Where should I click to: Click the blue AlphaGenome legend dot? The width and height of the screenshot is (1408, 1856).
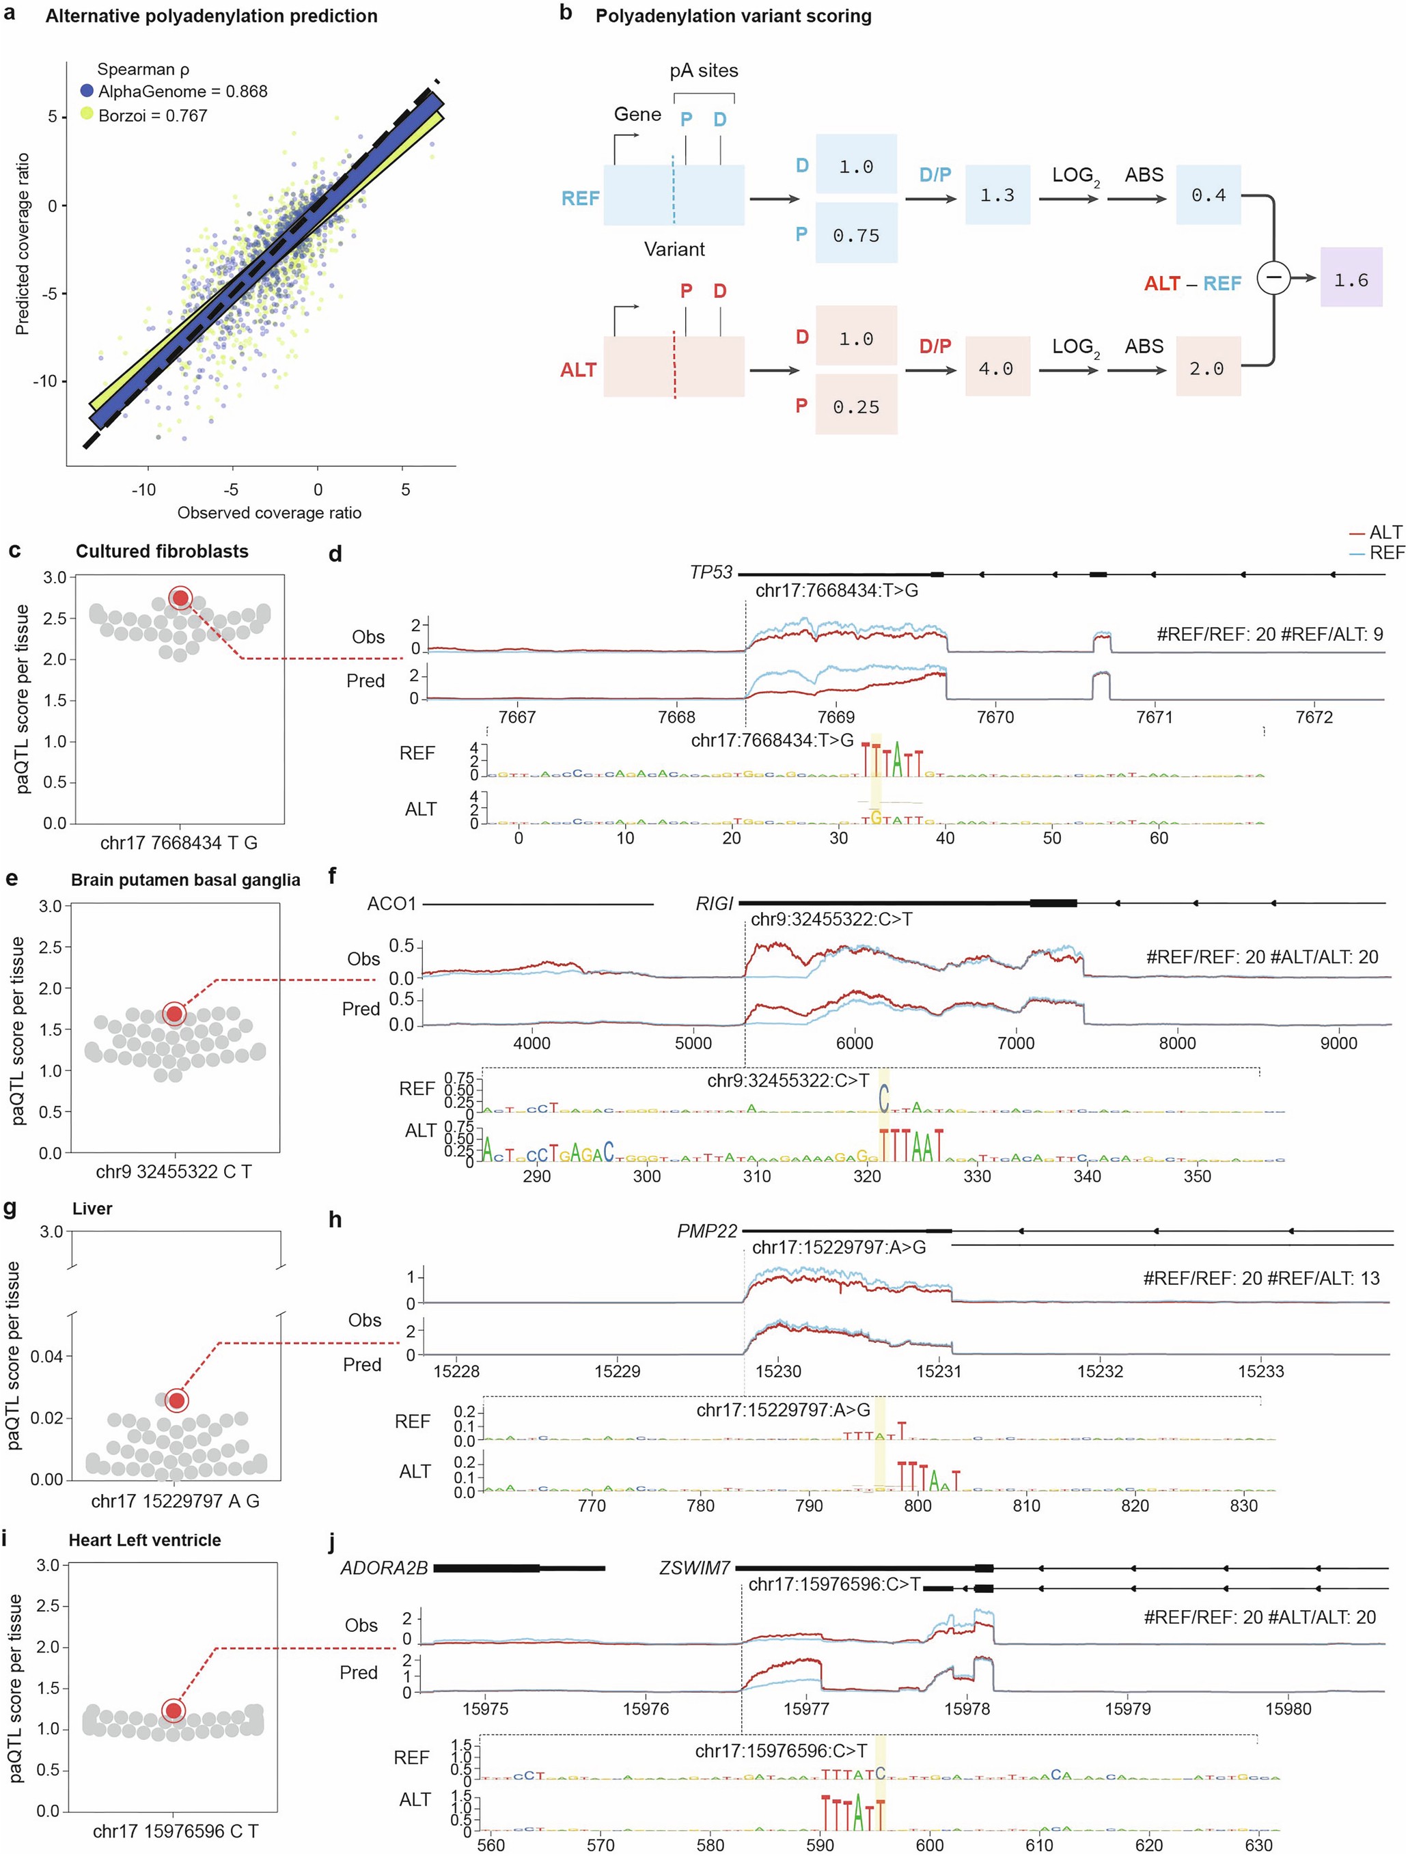(x=87, y=91)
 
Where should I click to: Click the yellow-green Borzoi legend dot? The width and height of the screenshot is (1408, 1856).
(x=87, y=114)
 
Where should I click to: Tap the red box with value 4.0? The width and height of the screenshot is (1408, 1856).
(x=996, y=368)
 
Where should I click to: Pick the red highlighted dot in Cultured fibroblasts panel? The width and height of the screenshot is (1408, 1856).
(x=180, y=598)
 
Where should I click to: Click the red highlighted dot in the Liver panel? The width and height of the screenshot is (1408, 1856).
(x=176, y=1401)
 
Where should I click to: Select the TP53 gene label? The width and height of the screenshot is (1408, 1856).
(x=710, y=572)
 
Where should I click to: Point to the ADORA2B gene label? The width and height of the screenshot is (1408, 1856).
(x=383, y=1567)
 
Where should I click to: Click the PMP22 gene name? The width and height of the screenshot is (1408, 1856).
(x=707, y=1231)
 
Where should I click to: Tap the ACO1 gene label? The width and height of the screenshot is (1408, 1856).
(x=391, y=904)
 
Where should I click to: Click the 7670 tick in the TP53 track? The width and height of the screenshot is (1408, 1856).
(x=995, y=717)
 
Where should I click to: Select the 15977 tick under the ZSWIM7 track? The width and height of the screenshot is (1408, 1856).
(x=805, y=1708)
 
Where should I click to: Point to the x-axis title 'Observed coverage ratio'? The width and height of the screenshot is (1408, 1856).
(x=268, y=512)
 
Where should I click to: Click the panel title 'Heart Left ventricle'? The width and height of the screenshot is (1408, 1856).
(x=145, y=1540)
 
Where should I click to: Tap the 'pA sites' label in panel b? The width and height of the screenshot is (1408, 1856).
(x=704, y=70)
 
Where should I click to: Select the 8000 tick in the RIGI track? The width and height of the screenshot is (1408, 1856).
(x=1176, y=1043)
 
